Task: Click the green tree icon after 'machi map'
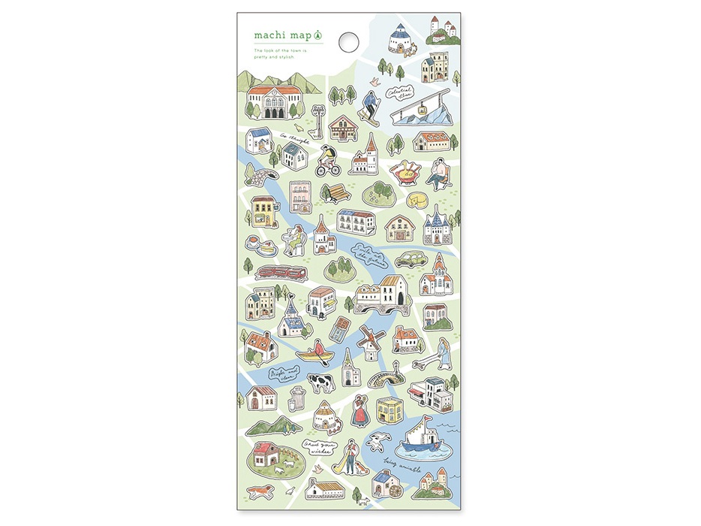(x=317, y=35)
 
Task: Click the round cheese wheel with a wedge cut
(x=417, y=200)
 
